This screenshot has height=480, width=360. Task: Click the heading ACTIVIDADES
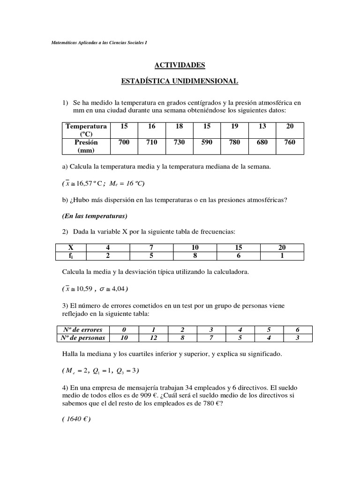click(180, 65)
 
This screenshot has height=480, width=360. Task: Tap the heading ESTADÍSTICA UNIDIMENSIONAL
click(180, 82)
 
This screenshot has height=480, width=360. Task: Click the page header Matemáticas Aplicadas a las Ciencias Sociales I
click(99, 43)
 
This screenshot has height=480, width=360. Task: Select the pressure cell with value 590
click(207, 142)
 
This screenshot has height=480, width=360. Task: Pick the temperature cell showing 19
click(234, 127)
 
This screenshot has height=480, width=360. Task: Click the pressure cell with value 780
click(234, 142)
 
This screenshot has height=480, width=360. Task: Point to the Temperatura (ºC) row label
click(86, 130)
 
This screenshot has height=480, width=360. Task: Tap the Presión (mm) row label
click(86, 146)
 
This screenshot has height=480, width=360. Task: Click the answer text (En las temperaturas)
click(95, 216)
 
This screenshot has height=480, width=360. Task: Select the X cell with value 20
click(282, 247)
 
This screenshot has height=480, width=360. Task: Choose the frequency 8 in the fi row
click(195, 256)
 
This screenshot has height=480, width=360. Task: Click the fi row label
click(71, 256)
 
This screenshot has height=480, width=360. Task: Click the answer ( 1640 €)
click(76, 420)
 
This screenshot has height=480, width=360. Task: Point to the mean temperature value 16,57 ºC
click(89, 183)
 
